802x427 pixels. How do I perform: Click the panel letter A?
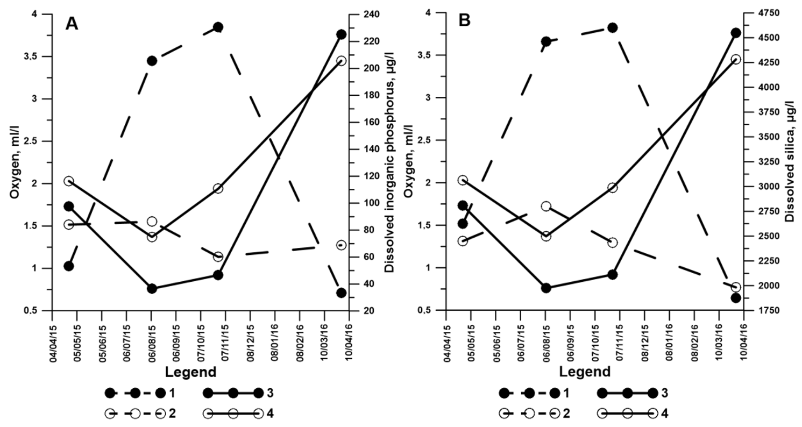[x=72, y=24]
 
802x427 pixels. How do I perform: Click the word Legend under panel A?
[x=190, y=372]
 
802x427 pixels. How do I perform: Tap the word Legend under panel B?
[x=585, y=372]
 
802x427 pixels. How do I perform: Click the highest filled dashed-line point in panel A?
[x=218, y=27]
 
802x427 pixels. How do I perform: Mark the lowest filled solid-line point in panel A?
[x=152, y=289]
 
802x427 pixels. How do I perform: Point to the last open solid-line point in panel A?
[x=341, y=61]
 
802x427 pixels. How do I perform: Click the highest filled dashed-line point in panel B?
[x=612, y=27]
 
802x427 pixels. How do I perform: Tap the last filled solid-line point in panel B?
[x=736, y=33]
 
